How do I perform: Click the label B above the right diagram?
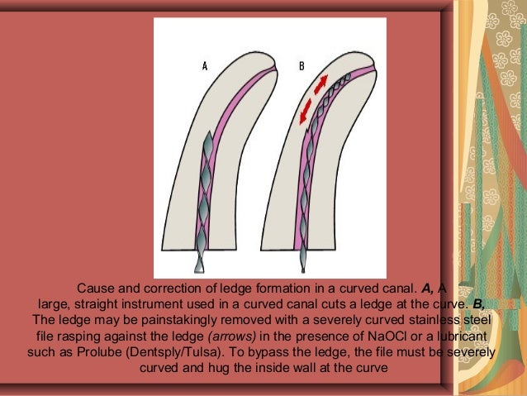click(301, 66)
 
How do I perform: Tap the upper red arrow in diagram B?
click(320, 84)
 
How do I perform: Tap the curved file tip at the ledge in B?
click(348, 76)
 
